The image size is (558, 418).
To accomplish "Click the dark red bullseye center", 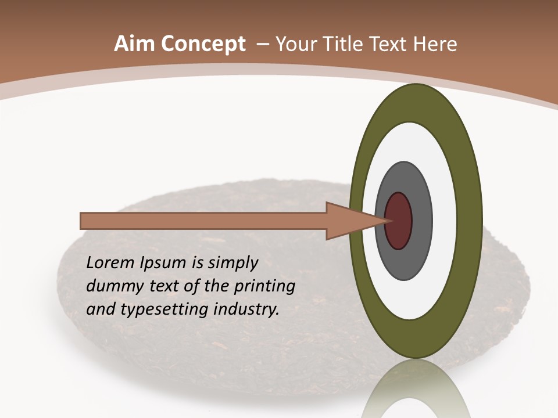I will [398, 221].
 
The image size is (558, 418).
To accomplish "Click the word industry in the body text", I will [246, 309].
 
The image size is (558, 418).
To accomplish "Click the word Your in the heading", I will [295, 44].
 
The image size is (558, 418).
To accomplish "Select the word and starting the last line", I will [100, 309].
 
